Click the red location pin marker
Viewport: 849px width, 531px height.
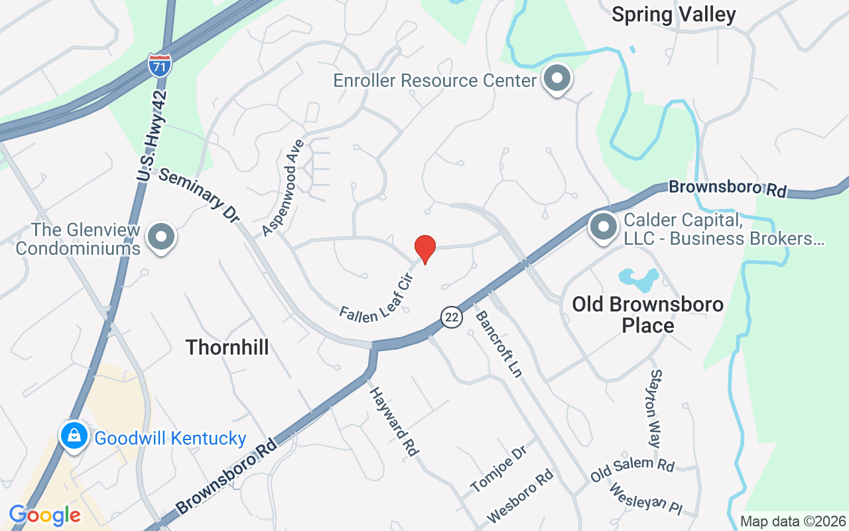tap(424, 249)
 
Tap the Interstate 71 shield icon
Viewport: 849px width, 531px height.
tap(159, 65)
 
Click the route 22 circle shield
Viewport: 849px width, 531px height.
tap(452, 317)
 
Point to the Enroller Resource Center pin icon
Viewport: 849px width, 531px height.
tap(557, 79)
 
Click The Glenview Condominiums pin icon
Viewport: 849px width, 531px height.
tap(161, 237)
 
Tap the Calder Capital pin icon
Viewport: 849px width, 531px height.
tap(604, 226)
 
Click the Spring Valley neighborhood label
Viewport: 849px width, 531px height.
tap(673, 15)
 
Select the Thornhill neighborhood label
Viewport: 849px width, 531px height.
tap(227, 346)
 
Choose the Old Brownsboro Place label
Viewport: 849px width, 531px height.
tap(647, 315)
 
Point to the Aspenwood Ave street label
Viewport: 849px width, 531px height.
tap(283, 187)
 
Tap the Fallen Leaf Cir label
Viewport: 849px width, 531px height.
tap(377, 298)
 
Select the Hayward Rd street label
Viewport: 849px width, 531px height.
tap(394, 421)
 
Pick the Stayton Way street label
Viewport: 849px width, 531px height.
tap(656, 408)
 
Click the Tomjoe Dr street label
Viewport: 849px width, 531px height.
tap(498, 469)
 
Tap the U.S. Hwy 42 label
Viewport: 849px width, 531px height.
tap(153, 135)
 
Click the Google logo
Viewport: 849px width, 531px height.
tap(44, 515)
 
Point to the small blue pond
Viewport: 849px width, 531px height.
tap(638, 280)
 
